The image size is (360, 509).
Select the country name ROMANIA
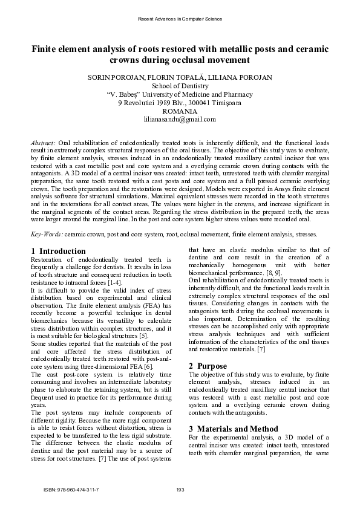coord(180,111)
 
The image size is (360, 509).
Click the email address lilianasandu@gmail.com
coord(180,120)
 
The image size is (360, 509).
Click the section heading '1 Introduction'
coord(58,251)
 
